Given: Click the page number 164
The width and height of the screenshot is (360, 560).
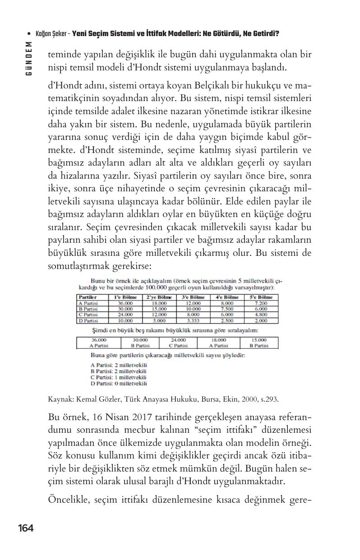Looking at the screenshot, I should pos(26,528).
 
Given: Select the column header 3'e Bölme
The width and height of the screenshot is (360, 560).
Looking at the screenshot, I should pos(193,297).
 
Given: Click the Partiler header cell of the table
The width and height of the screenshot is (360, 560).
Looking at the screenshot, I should pos(88,297).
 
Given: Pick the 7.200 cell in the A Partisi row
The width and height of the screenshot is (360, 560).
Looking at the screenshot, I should pos(261,303).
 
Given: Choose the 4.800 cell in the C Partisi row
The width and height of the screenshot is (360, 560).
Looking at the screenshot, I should pos(261,315).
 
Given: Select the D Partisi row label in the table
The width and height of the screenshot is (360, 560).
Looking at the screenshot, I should pos(88,320).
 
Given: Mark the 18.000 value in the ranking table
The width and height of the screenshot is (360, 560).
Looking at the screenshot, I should pos(218,340).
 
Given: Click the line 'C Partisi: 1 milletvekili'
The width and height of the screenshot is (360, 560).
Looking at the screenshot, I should pos(119,377).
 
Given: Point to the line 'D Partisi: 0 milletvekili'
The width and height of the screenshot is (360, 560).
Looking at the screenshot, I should pos(119,384).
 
